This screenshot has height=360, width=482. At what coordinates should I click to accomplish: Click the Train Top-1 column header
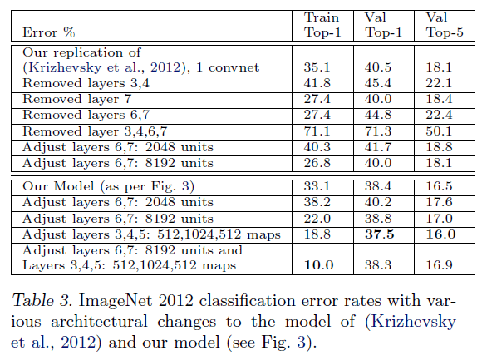coord(322,25)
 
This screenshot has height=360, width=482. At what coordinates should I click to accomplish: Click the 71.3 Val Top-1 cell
coord(379,131)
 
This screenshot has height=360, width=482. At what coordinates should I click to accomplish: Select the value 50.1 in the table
coord(440,131)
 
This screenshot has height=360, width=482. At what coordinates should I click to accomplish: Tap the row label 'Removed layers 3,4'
coord(81,83)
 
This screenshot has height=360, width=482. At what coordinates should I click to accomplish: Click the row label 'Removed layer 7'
coord(71,99)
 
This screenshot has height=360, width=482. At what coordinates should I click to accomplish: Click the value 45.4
coord(379,83)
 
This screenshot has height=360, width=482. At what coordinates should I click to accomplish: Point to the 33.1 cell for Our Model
coord(318,188)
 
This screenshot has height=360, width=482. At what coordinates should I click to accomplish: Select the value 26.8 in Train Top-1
coord(318,162)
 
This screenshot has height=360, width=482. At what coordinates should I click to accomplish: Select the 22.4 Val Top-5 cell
coord(440,115)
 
